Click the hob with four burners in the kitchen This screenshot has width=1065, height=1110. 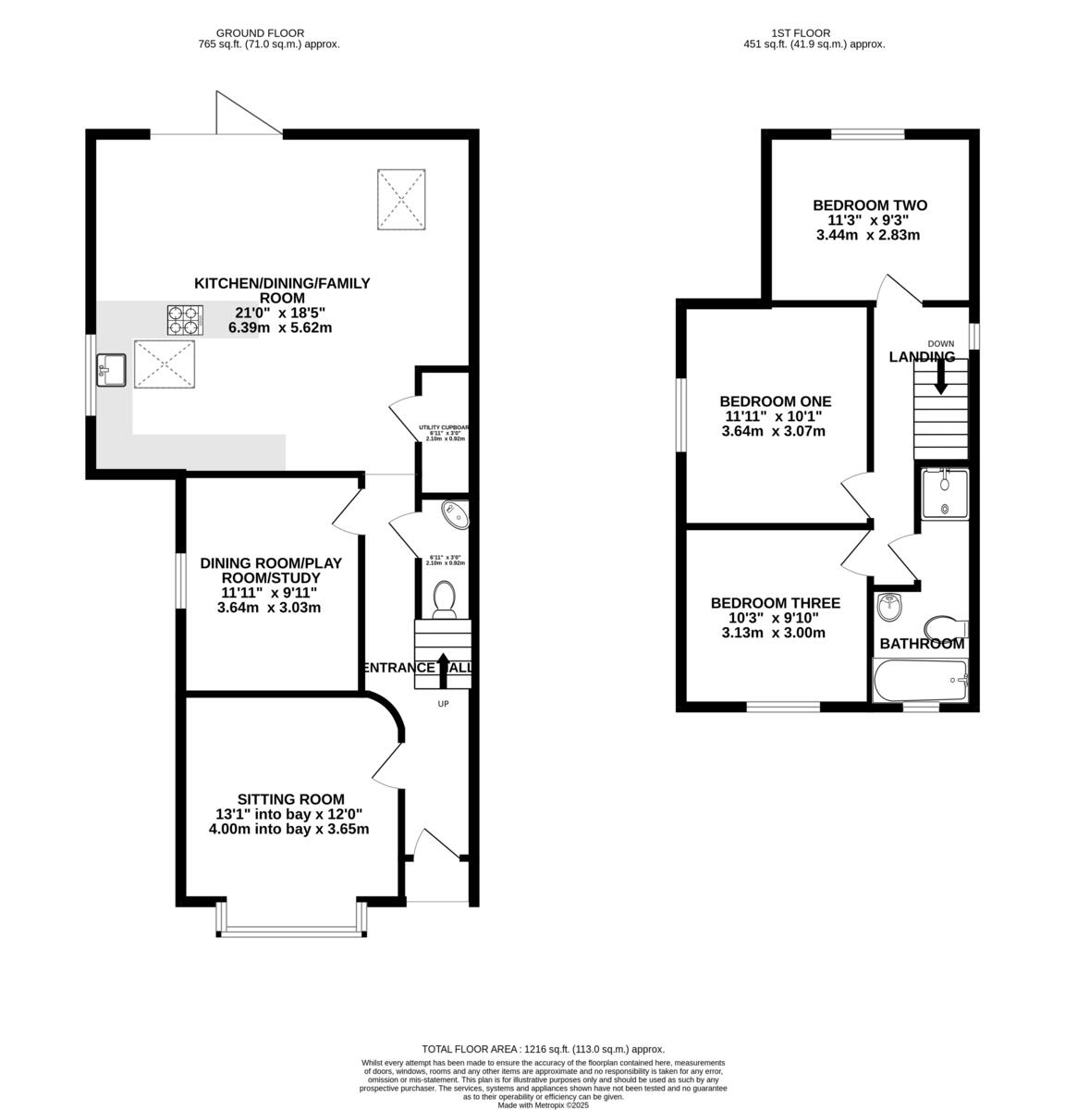pos(184,320)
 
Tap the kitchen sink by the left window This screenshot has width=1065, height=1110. pos(110,370)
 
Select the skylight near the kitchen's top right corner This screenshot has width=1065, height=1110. pos(400,198)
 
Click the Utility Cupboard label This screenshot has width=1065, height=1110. pos(443,427)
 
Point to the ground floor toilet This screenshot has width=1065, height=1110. pos(444,598)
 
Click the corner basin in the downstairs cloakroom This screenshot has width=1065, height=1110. pos(456,514)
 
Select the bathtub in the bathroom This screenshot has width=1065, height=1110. pos(920,682)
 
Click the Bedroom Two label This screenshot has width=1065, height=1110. pos(869,205)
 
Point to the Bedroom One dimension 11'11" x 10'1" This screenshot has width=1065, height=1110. pos(775,416)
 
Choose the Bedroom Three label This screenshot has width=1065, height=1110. pos(775,603)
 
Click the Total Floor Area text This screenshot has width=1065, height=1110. pos(543,1049)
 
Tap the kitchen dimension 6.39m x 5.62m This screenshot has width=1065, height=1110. pos(280,327)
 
